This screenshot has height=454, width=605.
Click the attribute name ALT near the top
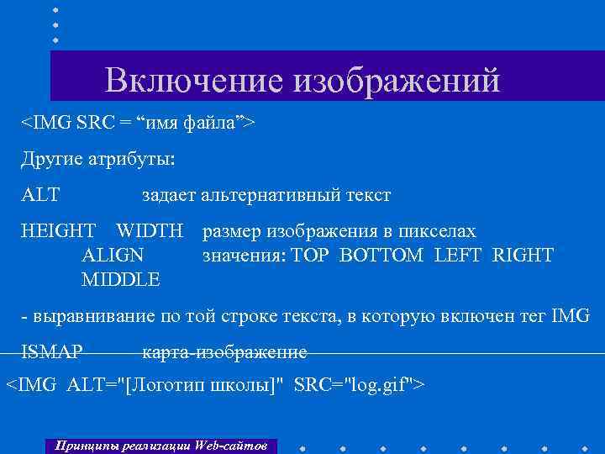coord(40,195)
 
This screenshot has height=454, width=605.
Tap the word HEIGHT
coord(58,231)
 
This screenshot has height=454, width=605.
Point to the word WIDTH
coord(150,231)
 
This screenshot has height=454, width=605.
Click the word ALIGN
coord(113,254)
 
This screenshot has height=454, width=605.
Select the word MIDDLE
coord(121,277)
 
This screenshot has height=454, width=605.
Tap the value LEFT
coord(458,255)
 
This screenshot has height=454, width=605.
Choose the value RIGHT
coord(523,255)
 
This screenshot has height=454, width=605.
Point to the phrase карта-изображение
coord(224,351)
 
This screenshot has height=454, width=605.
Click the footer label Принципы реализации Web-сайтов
coord(160,445)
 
